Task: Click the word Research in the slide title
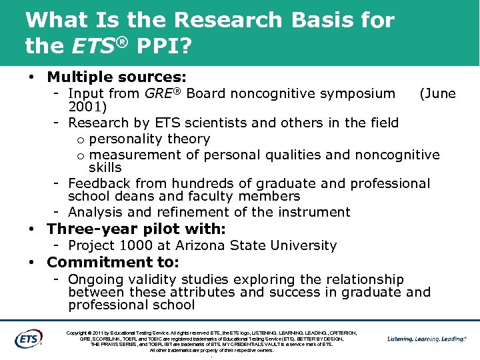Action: tap(231, 21)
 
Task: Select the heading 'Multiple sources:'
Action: tap(117, 77)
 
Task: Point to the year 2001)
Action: tap(88, 107)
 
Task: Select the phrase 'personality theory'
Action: tap(149, 139)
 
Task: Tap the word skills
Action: tap(105, 167)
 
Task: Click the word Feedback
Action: tap(100, 183)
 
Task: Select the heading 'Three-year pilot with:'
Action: tap(136, 229)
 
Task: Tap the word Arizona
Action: tap(202, 245)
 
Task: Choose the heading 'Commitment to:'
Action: tap(113, 262)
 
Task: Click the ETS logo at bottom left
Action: tap(29, 339)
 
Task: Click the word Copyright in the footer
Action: tap(79, 332)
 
